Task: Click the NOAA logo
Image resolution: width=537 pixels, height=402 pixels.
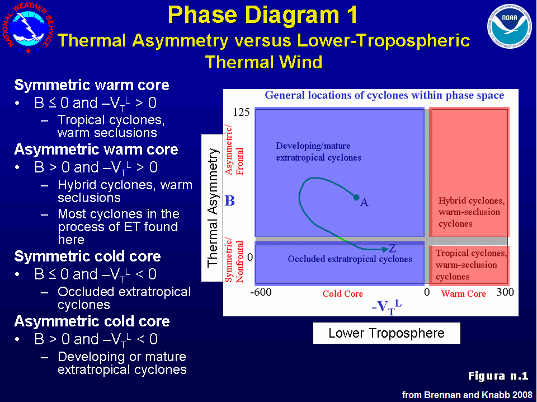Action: pyautogui.click(x=509, y=26)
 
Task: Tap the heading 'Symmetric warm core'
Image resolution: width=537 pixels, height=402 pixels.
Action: pyautogui.click(x=92, y=85)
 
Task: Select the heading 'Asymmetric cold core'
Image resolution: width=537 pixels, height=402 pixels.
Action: pyautogui.click(x=92, y=321)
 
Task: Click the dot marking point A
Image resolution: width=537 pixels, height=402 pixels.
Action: pyautogui.click(x=356, y=198)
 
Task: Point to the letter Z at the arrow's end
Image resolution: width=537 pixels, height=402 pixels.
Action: pyautogui.click(x=393, y=248)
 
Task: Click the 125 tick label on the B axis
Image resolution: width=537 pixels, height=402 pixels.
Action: pyautogui.click(x=241, y=112)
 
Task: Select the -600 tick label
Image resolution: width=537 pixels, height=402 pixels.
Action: pyautogui.click(x=261, y=292)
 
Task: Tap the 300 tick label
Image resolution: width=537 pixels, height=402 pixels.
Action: pyautogui.click(x=505, y=292)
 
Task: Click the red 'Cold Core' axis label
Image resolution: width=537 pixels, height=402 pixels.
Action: pyautogui.click(x=343, y=294)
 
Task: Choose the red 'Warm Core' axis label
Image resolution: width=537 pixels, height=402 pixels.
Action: pyautogui.click(x=463, y=294)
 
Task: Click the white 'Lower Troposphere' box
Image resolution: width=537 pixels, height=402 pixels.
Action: pyautogui.click(x=387, y=333)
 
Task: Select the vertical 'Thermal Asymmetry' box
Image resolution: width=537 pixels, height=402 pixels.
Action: pyautogui.click(x=213, y=208)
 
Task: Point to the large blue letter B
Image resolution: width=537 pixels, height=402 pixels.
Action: pyautogui.click(x=230, y=201)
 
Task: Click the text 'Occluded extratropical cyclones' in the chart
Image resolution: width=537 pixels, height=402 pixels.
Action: pyautogui.click(x=350, y=259)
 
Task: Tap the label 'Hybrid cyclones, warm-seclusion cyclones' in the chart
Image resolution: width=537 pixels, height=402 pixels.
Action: pyautogui.click(x=471, y=212)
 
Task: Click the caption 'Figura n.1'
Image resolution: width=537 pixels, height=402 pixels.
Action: pyautogui.click(x=498, y=376)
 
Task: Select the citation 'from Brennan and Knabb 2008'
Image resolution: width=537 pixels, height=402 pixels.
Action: pyautogui.click(x=467, y=395)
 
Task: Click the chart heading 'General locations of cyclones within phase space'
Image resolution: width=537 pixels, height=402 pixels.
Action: pyautogui.click(x=384, y=95)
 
